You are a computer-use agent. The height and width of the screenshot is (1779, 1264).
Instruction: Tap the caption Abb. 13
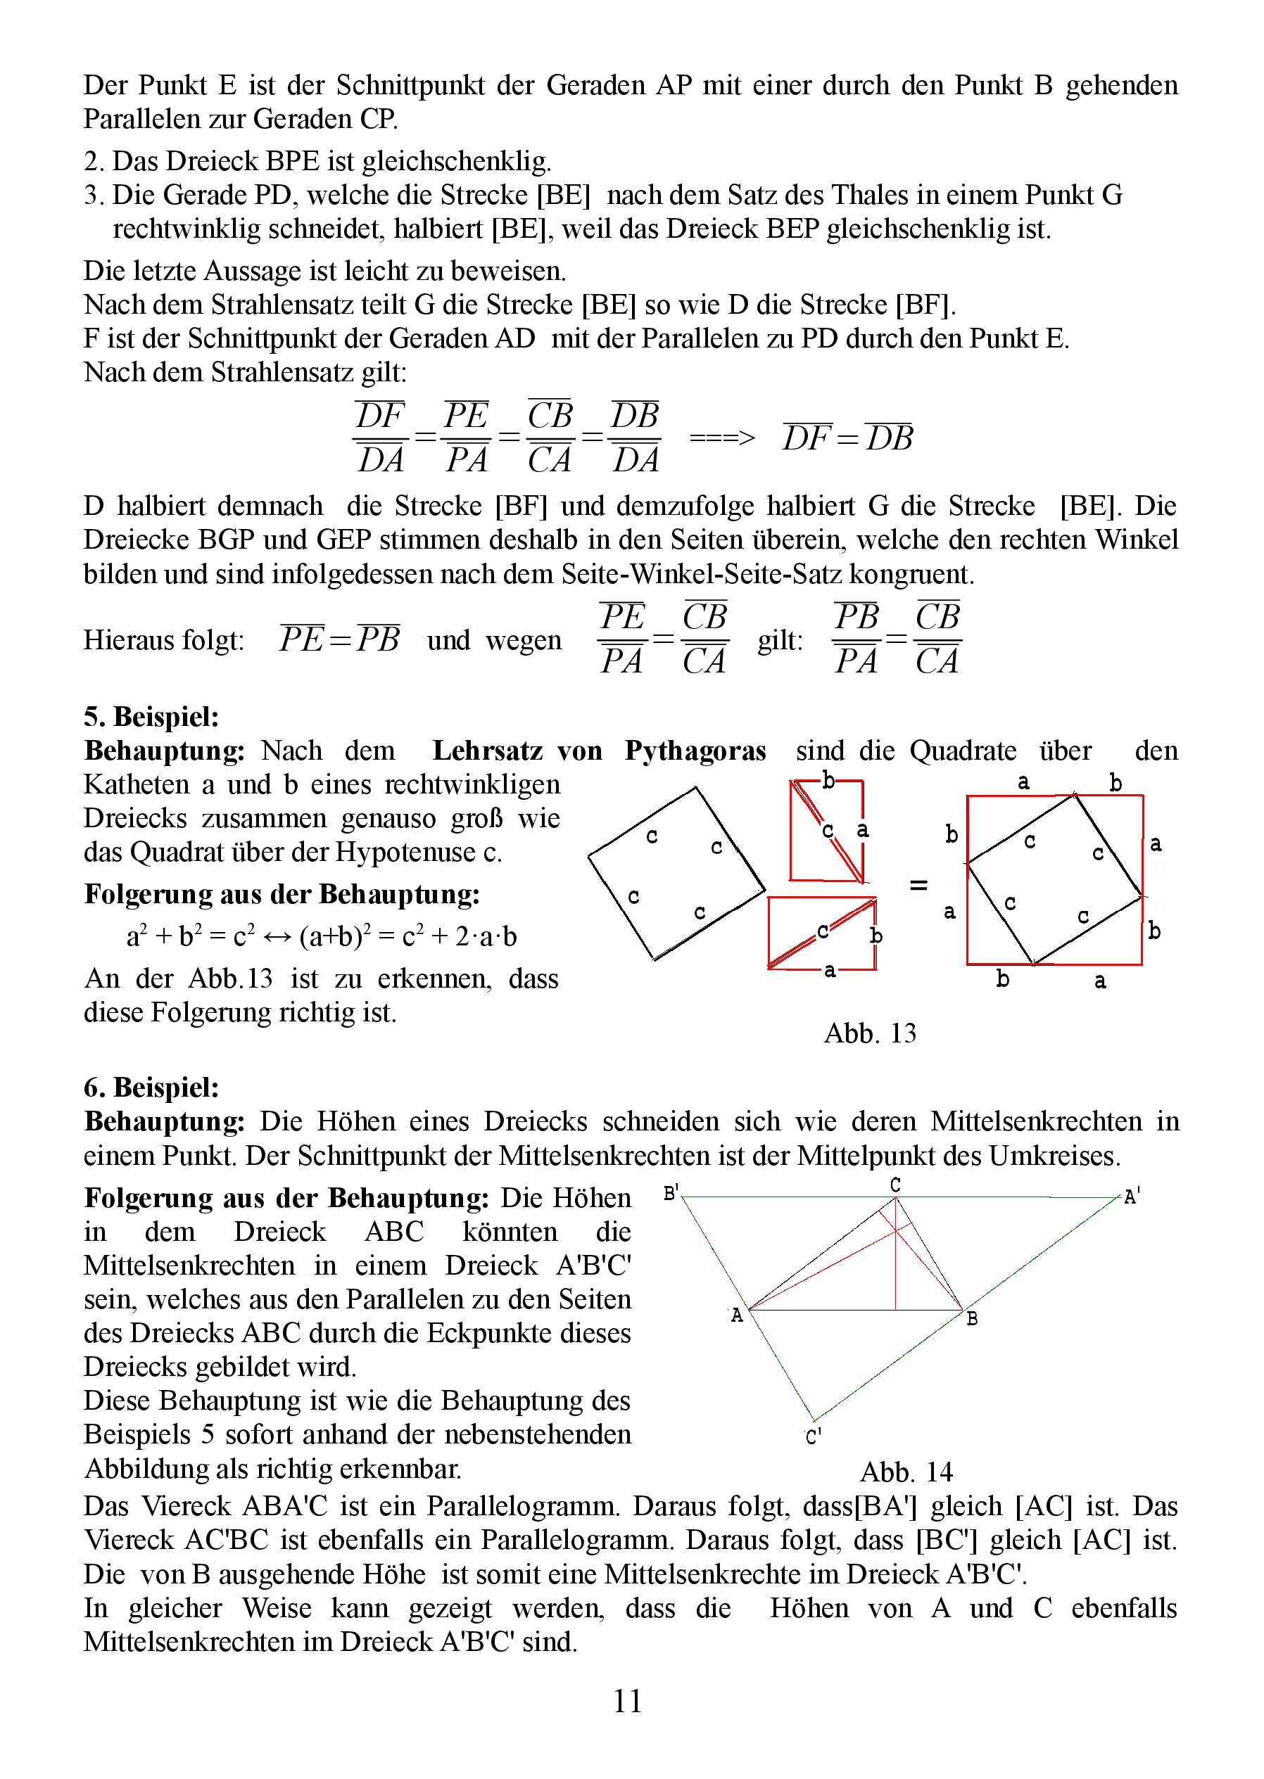pos(869,1033)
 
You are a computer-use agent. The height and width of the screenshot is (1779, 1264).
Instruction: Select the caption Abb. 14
pos(906,1472)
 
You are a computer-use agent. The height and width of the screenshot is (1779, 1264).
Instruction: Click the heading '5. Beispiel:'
pos(152,716)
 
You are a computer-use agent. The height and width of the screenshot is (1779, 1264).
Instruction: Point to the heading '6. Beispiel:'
pos(152,1088)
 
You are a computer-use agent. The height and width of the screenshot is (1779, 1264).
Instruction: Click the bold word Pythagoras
pos(695,751)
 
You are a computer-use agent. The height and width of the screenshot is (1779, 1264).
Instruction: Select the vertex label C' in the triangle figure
pos(814,1436)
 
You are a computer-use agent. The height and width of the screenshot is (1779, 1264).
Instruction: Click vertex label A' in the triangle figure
pos(1132,1197)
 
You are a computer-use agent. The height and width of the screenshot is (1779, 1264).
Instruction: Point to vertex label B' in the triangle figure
pos(671,1192)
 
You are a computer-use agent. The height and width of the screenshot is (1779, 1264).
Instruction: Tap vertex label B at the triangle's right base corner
pos(972,1318)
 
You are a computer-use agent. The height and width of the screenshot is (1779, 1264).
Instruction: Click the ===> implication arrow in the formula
pos(721,438)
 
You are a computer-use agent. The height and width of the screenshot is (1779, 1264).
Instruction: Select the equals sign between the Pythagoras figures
pos(918,884)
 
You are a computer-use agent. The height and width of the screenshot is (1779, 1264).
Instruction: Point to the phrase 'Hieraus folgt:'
pos(164,640)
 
